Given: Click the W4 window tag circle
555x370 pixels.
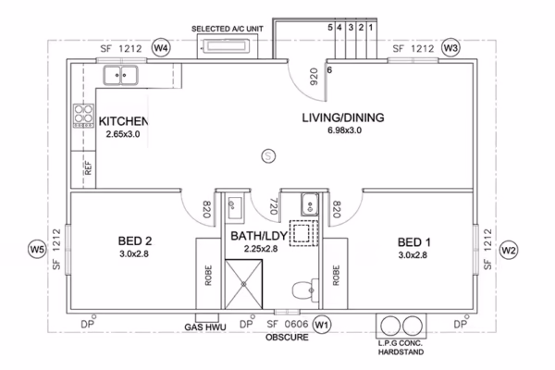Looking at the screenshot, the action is click(161, 48).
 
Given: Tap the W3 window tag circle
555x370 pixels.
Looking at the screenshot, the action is click(450, 48).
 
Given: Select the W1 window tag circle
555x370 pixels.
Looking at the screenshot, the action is click(322, 325).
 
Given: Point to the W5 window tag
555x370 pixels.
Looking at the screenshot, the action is click(37, 249).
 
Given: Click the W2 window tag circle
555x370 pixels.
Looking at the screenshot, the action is click(508, 251).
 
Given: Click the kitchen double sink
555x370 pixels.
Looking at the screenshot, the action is click(120, 76).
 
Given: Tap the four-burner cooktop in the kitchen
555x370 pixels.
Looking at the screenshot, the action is click(83, 115).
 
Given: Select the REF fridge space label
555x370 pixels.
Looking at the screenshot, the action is click(88, 167).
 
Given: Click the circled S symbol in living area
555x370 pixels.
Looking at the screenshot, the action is click(268, 155).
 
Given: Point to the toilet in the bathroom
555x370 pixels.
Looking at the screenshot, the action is click(305, 290).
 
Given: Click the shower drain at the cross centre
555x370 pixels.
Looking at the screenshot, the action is click(244, 284).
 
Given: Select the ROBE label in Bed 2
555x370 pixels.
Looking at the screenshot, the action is click(208, 276).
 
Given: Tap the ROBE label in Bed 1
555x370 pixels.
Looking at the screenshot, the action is click(336, 276).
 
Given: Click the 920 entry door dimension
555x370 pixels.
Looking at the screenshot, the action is click(314, 77).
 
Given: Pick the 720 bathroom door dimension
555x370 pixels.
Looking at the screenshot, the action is click(273, 206).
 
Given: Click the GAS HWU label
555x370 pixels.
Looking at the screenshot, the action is click(205, 327).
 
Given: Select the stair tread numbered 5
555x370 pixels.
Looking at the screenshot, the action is click(330, 27).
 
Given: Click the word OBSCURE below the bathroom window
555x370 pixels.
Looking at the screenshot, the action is click(287, 337).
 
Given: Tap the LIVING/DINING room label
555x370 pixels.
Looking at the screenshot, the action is click(343, 117).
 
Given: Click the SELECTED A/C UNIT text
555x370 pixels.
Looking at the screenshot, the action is click(228, 29).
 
